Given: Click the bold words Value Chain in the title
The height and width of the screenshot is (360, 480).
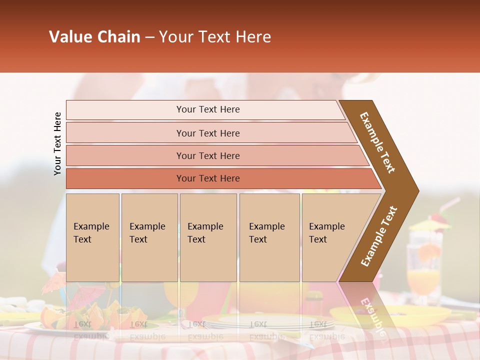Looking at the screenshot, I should pos(94,37).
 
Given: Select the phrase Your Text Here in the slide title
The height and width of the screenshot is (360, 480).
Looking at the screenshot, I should pos(215,37).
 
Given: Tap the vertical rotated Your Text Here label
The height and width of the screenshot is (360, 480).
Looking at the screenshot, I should pos(57,143).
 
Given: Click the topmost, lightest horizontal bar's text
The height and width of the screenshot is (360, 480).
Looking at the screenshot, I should pos(208,109).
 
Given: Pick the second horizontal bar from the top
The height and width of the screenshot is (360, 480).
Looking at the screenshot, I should pos(208,133).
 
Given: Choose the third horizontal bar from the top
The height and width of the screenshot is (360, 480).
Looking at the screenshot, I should pos(208,156).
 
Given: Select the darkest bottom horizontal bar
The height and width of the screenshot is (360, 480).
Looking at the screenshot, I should pos(208,178).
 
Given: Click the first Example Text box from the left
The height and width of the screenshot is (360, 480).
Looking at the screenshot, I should pos(92,237).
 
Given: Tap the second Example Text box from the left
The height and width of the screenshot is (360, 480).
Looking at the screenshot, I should pos(149,237).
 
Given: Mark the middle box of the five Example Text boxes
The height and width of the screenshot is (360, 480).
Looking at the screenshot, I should pos(208,237).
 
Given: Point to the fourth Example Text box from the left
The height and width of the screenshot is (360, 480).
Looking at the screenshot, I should pos(269,237).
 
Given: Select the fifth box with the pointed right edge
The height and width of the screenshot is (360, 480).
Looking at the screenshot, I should pos(330,237).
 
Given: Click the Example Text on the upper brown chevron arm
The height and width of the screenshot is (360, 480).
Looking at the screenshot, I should pos(377,142).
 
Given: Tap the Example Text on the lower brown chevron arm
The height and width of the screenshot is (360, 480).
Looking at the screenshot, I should pos(378,236).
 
